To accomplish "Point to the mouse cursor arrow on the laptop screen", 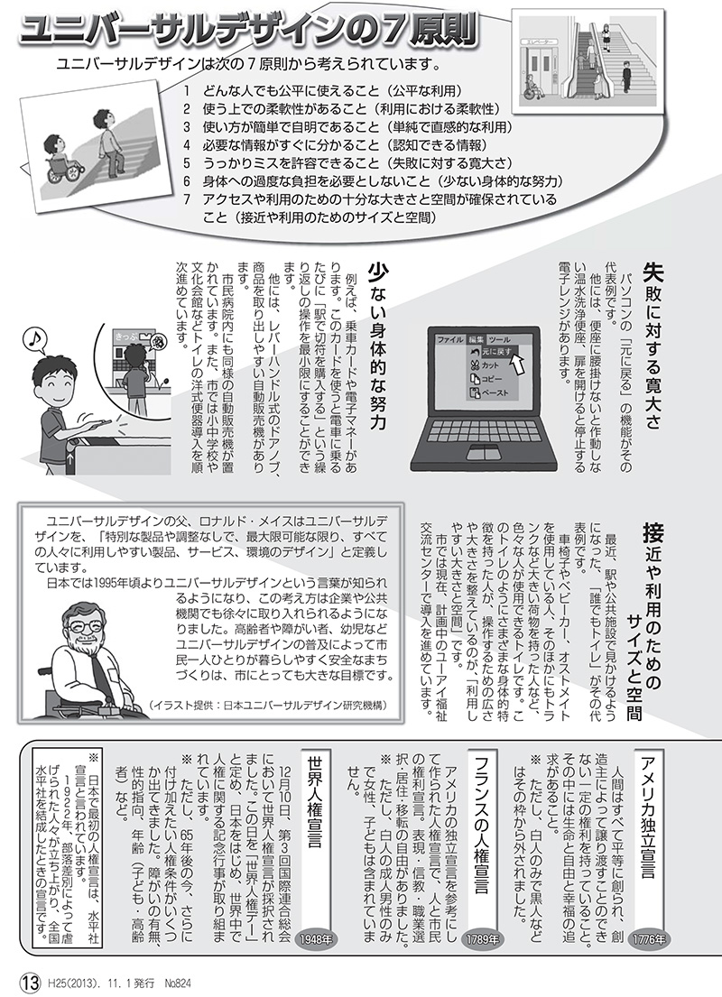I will [517, 362].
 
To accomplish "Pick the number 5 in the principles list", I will [186, 162].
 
